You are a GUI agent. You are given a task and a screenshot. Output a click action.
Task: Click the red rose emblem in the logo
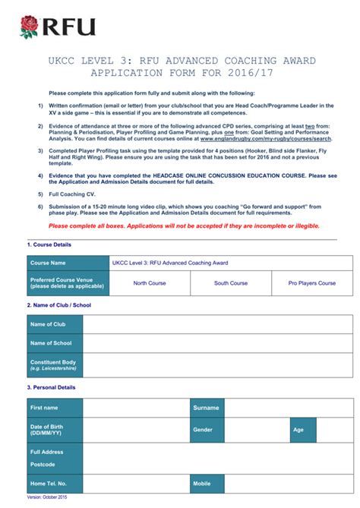(x=30, y=28)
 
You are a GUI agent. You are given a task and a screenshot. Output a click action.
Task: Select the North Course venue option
(x=150, y=283)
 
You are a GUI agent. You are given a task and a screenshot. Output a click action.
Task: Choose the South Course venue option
(x=231, y=283)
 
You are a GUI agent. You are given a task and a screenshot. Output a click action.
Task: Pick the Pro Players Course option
(x=311, y=283)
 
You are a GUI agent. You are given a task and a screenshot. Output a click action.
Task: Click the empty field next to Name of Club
(x=217, y=324)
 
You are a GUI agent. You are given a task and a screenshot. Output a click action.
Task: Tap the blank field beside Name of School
(x=217, y=343)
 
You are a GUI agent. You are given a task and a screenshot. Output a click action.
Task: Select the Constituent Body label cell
(x=54, y=365)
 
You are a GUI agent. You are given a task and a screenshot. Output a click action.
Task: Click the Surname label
(x=206, y=408)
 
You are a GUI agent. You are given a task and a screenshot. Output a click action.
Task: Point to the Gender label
(x=203, y=430)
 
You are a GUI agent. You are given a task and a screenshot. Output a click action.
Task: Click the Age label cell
(x=298, y=430)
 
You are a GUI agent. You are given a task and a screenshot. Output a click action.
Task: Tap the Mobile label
(x=202, y=483)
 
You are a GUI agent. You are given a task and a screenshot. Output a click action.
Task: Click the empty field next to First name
(x=136, y=408)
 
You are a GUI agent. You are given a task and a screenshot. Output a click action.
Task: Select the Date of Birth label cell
(x=54, y=430)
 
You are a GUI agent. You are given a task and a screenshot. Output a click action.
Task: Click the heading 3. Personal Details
(x=51, y=387)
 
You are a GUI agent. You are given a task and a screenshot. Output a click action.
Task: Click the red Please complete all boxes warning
(x=184, y=226)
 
